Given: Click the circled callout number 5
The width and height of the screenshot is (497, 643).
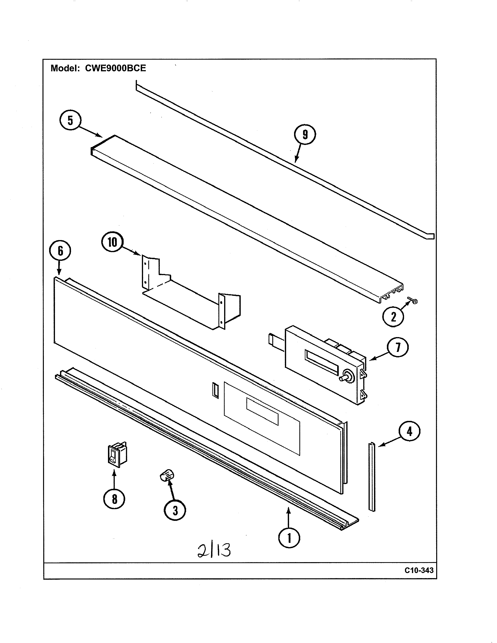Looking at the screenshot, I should coord(70,120).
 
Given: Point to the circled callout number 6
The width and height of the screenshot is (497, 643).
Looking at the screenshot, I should coord(60,251).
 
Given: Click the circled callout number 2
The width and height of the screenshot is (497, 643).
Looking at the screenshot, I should coord(393,317).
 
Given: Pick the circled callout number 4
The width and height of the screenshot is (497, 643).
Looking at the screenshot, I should coord(409,431).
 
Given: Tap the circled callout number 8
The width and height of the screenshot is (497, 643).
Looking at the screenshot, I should coord(114,499).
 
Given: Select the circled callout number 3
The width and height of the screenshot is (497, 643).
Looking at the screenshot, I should coord(175,510).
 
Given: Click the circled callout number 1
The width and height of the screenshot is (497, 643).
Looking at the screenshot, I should coord(289,538).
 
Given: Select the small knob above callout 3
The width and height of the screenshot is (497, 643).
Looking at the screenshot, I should coord(167,475).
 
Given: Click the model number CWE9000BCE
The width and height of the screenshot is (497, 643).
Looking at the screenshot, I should coord(115,68).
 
